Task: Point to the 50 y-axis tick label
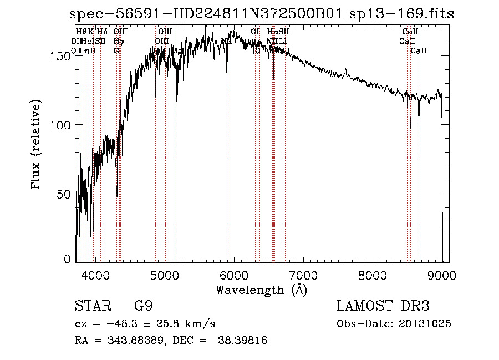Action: [65, 194]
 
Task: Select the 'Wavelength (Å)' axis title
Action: [261, 290]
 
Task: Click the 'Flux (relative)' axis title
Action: [37, 145]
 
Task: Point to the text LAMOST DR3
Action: [383, 307]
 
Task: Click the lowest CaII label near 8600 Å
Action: [419, 50]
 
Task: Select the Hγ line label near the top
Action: [118, 41]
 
